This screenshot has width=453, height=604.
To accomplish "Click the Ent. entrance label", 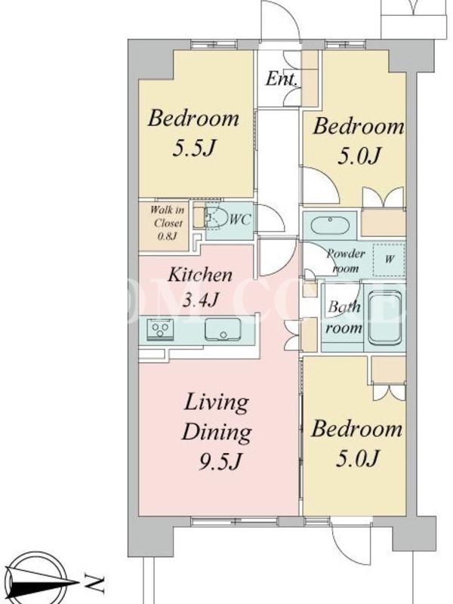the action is (x=282, y=79).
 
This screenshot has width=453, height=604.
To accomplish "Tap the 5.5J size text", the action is (x=193, y=147).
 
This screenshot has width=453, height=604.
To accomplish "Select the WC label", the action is (x=239, y=220).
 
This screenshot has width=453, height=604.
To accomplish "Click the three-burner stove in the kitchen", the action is (x=160, y=330).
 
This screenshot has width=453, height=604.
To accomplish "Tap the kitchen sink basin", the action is (x=223, y=329).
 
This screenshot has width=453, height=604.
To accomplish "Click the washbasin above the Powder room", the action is (x=330, y=225).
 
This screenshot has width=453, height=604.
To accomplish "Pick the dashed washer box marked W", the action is (x=389, y=260).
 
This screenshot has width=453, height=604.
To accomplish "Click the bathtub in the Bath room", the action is (x=385, y=318).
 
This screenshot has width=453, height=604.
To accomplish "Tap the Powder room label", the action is (x=346, y=260).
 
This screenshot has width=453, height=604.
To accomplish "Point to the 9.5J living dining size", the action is (x=220, y=461).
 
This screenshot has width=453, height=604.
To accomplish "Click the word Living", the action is (x=216, y=403).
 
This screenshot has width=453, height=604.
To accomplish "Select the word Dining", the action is (x=217, y=432).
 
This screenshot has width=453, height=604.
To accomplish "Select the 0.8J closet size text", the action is (x=167, y=236).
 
